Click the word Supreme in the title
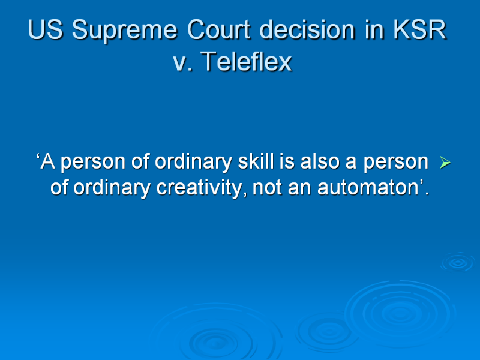point(125,31)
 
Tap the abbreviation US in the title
point(46,29)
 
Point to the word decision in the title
point(307,29)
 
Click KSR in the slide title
point(419,29)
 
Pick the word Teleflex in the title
point(246,61)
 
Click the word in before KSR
point(374,29)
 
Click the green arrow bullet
point(445,162)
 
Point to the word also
point(320,161)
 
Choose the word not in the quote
point(266,187)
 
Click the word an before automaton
point(299,188)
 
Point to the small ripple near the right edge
point(458,262)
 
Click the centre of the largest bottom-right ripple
point(400,313)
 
